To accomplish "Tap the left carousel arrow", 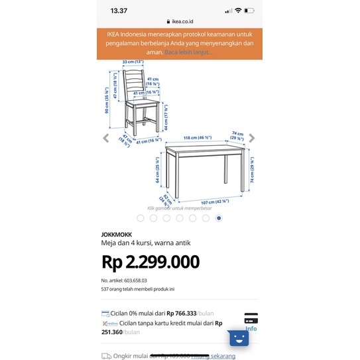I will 105,138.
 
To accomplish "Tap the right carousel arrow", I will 252,138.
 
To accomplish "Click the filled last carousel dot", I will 219,217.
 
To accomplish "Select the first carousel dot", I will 141,217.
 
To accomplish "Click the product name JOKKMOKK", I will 116,235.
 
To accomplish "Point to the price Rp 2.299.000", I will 150,262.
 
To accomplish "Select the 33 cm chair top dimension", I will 133,62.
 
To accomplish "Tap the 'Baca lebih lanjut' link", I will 188,52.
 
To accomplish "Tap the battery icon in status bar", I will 249,11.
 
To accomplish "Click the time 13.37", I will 119,11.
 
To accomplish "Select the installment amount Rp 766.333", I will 180,314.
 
